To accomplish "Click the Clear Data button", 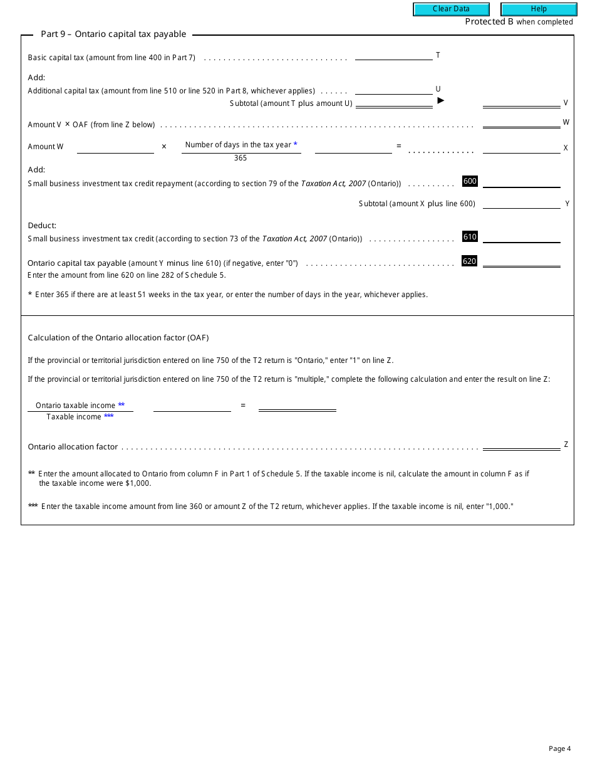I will [451, 9].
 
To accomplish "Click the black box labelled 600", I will [470, 181].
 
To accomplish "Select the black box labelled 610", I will [470, 236].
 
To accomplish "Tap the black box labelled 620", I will [469, 261].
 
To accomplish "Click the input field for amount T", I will [393, 55].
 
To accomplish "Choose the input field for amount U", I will [393, 89].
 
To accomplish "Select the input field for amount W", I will [521, 122].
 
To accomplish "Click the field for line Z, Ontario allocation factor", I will [521, 444].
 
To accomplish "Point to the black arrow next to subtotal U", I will [440, 100].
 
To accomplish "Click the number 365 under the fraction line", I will [241, 158].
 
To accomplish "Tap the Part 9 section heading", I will [113, 34].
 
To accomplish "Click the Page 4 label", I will [559, 748].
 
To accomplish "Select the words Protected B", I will [489, 21].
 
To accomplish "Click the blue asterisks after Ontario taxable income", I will [122, 405].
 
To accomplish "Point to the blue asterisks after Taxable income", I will [109, 416].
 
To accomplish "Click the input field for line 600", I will [521, 182].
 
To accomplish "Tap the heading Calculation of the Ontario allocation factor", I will [118, 337].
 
